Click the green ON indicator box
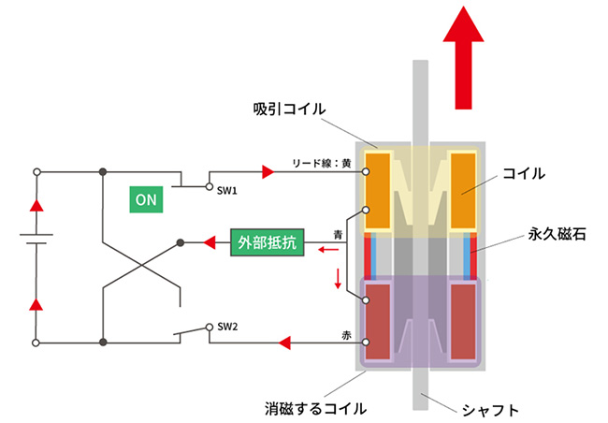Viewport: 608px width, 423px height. (x=146, y=199)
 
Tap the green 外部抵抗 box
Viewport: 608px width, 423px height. (x=266, y=242)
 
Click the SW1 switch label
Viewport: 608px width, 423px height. (x=228, y=190)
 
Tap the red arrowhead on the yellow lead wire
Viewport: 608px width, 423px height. (x=268, y=171)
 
